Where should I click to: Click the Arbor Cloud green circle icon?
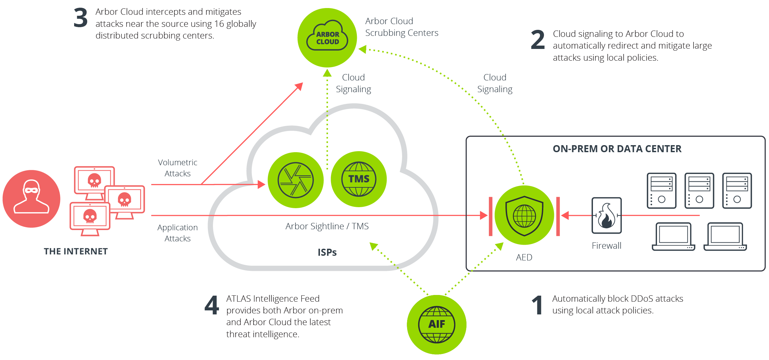327,38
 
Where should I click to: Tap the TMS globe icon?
359,179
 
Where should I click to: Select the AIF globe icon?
436,324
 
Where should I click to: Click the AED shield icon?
524,215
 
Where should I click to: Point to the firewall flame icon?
606,216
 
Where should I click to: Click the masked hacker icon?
31,198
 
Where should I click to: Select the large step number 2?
538,40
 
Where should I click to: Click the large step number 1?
538,305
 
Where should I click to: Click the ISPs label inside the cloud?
327,252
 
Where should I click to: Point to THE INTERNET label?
76,251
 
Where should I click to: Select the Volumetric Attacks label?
177,168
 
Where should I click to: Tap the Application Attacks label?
177,233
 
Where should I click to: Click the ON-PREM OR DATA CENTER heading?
617,149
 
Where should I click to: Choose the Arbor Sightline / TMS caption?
327,226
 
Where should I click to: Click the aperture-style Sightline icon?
295,180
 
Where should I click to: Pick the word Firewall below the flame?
606,246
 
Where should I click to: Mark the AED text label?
524,257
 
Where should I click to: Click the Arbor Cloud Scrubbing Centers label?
401,27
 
